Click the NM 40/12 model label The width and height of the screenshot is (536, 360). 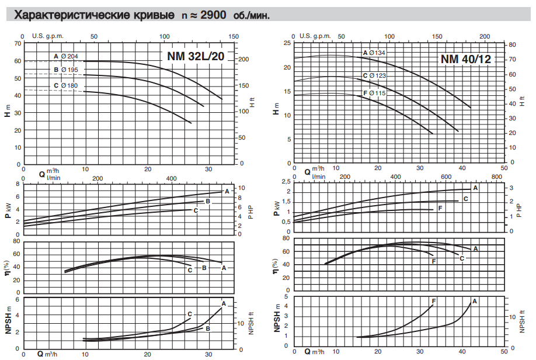click(x=465, y=59)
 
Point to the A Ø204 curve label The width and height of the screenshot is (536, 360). click(x=66, y=56)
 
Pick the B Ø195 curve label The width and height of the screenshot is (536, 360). click(x=66, y=70)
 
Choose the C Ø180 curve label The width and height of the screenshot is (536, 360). click(x=66, y=86)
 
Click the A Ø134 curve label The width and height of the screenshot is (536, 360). click(x=374, y=53)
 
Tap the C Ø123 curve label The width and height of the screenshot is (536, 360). click(x=374, y=76)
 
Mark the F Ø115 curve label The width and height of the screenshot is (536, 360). click(x=374, y=93)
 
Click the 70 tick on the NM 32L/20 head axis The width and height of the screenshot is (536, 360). click(x=17, y=43)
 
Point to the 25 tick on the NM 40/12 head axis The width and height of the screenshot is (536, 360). click(x=286, y=43)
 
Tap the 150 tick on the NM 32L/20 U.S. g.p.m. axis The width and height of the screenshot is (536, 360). click(x=234, y=36)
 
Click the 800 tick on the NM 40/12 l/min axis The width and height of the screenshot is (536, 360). click(x=496, y=177)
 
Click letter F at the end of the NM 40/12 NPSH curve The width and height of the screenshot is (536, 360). click(x=434, y=301)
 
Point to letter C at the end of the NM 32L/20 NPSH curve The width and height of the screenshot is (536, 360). click(x=190, y=314)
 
